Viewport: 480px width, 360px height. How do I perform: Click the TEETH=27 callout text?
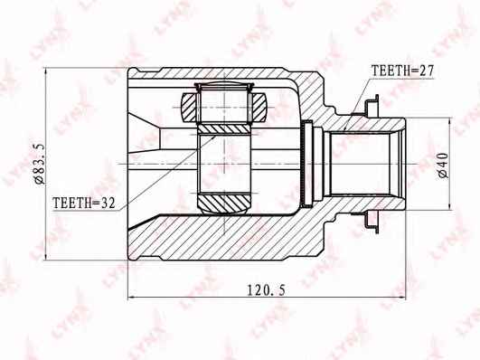(x=402, y=71)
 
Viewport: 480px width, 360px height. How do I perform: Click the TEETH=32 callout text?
(x=84, y=203)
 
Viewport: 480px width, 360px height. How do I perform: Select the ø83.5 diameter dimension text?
(x=40, y=165)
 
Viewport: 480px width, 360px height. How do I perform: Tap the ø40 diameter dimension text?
(x=443, y=166)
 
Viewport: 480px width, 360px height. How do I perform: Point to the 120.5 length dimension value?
(x=266, y=289)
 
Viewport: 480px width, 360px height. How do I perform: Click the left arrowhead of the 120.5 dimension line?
(x=132, y=297)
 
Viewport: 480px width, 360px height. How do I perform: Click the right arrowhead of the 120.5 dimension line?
(x=401, y=297)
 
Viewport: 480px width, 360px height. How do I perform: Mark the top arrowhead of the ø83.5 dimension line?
(x=45, y=71)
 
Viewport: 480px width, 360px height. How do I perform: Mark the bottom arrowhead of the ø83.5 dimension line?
(x=45, y=256)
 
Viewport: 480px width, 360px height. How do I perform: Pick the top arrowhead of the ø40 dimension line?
(x=449, y=123)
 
